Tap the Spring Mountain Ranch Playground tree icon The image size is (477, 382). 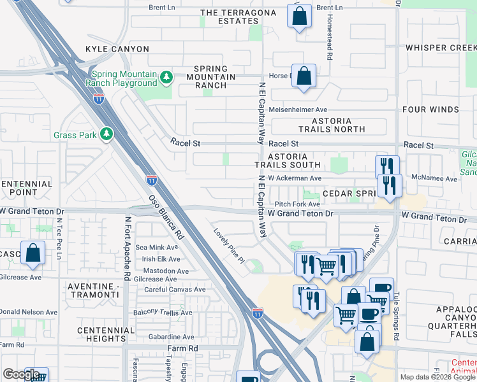(x=166, y=77)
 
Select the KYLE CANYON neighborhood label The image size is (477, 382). (x=117, y=49)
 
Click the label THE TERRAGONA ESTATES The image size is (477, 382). (x=230, y=17)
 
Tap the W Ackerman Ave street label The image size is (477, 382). (x=294, y=179)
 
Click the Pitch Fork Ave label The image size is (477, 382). (x=297, y=204)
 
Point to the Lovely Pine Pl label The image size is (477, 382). (x=230, y=246)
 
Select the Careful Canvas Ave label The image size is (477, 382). (x=174, y=289)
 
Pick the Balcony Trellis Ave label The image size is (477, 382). (x=162, y=313)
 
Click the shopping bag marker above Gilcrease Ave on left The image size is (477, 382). (x=33, y=253)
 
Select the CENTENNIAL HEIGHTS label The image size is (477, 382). (x=106, y=335)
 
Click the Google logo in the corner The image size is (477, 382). (x=21, y=374)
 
